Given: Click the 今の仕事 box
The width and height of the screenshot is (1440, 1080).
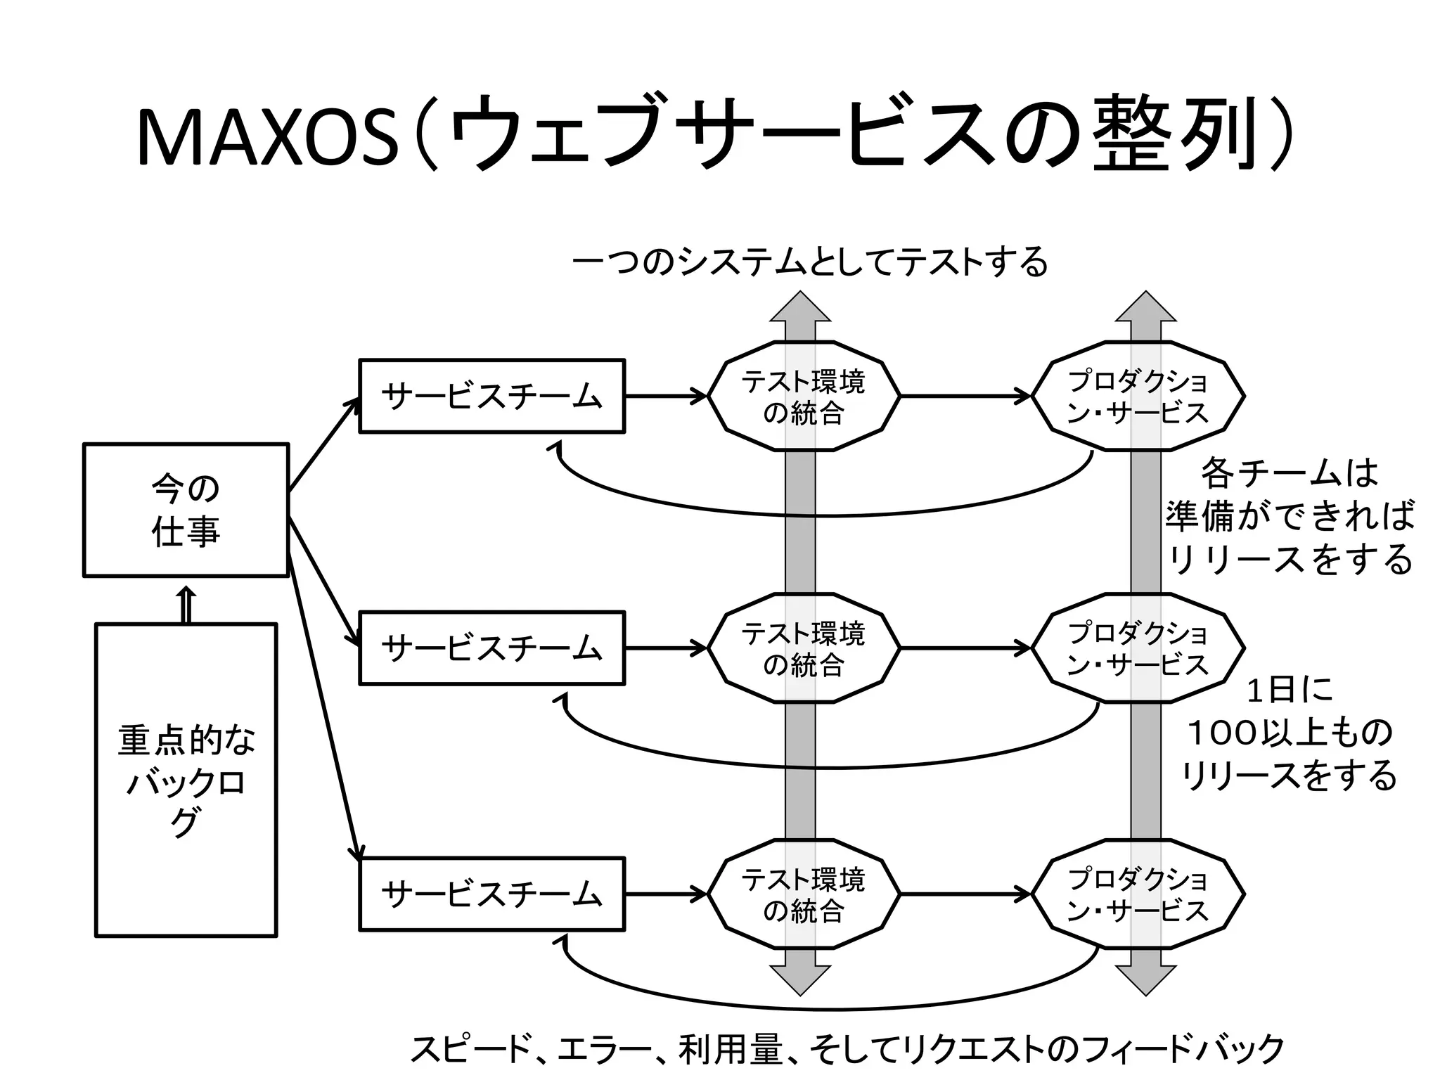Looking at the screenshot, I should coord(186,510).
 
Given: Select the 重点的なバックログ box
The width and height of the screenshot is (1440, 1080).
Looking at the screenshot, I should coord(186,780).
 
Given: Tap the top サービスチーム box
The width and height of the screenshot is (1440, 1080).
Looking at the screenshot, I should coord(491,396).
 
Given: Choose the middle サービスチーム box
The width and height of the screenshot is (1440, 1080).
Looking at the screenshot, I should coord(491,648).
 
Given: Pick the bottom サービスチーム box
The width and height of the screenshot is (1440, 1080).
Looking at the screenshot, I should coord(491,894).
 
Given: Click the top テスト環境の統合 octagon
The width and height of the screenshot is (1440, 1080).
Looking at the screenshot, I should coord(803,396).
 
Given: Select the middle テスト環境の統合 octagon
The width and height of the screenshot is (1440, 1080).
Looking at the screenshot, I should coord(803,648).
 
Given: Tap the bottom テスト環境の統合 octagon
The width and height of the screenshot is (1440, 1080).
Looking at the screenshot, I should coord(803,894).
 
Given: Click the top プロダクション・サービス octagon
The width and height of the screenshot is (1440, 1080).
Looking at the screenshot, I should coord(1138,396).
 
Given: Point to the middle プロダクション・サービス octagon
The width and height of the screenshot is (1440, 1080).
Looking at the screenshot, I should coord(1138,648).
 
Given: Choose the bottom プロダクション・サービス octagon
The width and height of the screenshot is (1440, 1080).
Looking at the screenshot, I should coord(1138,894).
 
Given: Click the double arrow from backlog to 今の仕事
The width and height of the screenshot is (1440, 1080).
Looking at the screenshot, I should coord(186,605).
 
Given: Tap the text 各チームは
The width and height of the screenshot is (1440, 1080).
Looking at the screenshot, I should coord(1288,473).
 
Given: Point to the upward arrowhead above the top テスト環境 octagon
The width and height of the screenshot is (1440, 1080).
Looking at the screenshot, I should coord(800,308).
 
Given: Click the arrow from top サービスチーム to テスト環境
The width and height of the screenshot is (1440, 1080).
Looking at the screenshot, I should coord(664,396).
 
